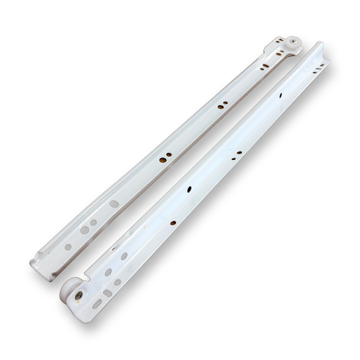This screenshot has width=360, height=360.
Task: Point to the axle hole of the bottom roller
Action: coord(79,295)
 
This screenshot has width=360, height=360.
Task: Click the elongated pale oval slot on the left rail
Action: coord(114,204)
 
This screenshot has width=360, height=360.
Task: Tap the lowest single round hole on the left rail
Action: coord(68,247)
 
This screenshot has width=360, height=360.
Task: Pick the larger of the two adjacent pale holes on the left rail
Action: coord(84,230)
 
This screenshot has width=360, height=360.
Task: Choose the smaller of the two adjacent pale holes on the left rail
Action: coord(93,223)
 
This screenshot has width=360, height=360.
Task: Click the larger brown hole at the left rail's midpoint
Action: coord(162,160)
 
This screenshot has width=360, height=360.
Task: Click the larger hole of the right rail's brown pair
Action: coord(232,157)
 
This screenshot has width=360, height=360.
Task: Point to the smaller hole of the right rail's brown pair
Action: coord(239,153)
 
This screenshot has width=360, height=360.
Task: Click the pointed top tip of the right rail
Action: coord(320,44)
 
